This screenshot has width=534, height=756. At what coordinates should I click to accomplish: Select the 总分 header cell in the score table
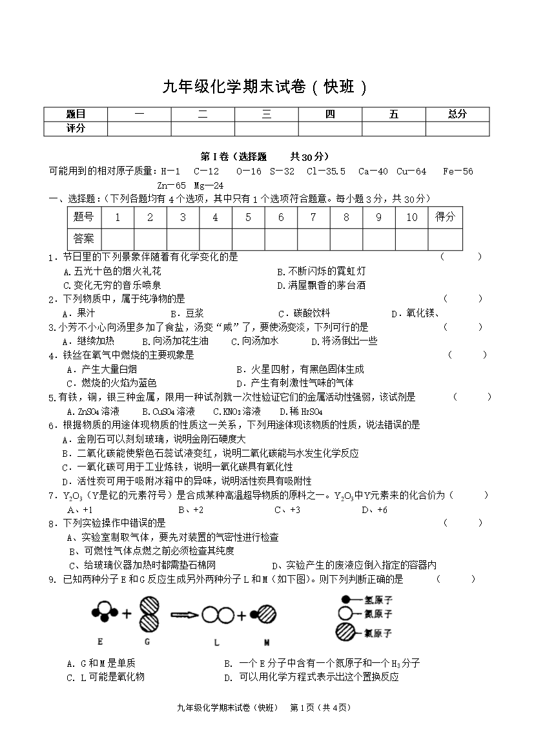click(457, 114)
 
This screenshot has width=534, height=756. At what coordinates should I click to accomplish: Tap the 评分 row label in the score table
click(76, 129)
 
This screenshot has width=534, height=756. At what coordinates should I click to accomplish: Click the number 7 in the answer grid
click(313, 217)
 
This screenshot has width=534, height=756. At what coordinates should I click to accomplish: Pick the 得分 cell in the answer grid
click(445, 217)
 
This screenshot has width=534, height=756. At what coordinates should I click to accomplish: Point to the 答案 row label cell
click(84, 238)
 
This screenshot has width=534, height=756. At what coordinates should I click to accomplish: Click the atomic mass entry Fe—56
click(458, 171)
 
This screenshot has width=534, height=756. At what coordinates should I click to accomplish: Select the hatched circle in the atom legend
click(347, 632)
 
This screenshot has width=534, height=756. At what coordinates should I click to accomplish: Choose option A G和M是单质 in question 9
click(101, 663)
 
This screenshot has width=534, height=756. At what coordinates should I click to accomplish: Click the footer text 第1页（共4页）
click(321, 708)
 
